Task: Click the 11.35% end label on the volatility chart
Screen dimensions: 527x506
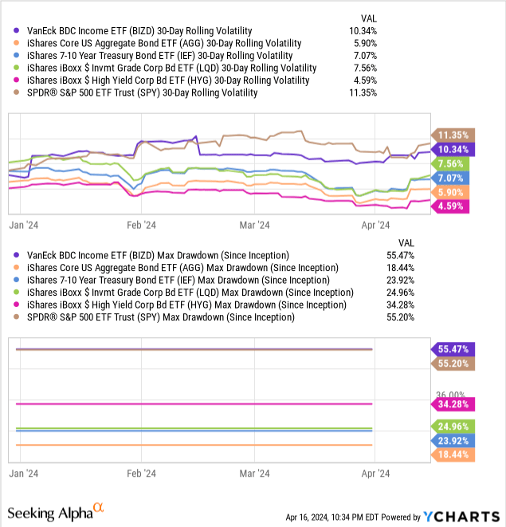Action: pyautogui.click(x=453, y=134)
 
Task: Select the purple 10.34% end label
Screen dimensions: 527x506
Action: pyautogui.click(x=453, y=149)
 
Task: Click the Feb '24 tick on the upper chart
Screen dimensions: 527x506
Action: pyautogui.click(x=141, y=225)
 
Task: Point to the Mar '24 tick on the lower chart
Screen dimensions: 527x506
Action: pyautogui.click(x=254, y=471)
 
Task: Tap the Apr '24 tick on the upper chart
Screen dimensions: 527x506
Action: pyautogui.click(x=375, y=225)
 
